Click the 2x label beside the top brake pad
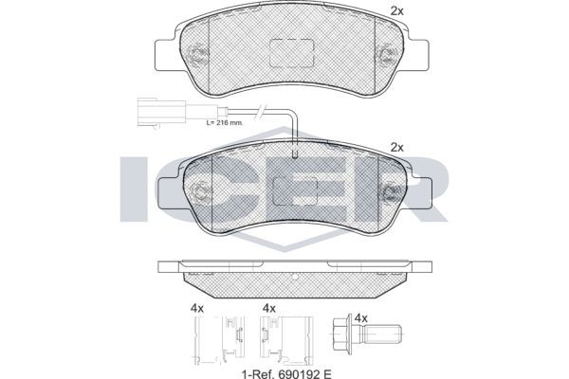coord(397,11)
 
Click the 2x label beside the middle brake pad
coord(397,148)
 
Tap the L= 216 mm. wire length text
coord(225,122)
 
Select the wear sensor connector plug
coord(162,112)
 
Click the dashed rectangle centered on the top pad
coord(292,53)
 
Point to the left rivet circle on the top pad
coord(198,55)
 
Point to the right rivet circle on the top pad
coord(386,55)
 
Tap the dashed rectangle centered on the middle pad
coord(295,191)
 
